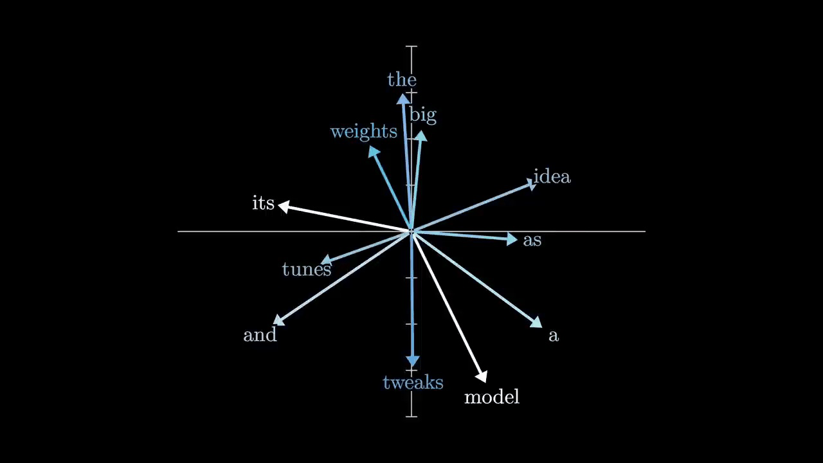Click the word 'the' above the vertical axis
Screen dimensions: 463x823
[x=402, y=80]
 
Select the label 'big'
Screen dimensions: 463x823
[x=422, y=115]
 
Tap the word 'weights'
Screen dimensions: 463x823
[x=363, y=132]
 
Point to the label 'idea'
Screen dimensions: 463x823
[x=552, y=177]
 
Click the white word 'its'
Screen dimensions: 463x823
[x=263, y=203]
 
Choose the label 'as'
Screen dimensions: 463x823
[x=532, y=241]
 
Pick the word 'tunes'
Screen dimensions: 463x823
[x=306, y=269]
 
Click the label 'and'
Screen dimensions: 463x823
[x=260, y=335]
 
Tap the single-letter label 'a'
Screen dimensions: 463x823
[x=554, y=335]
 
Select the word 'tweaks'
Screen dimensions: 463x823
[x=413, y=383]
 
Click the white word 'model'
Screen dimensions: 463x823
[x=491, y=397]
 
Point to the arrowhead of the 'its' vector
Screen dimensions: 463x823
[x=284, y=206]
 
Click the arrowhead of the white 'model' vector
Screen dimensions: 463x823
[x=482, y=376]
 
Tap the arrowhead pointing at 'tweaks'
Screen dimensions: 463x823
[x=413, y=362]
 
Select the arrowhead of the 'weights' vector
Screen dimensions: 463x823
[x=373, y=152]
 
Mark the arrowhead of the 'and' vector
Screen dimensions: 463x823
[x=278, y=320]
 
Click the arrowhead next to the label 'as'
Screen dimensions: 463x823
[x=512, y=239]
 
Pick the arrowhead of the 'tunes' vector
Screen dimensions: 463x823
[x=326, y=260]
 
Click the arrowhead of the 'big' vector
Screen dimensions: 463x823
[x=421, y=136]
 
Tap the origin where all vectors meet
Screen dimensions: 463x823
[x=411, y=231]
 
